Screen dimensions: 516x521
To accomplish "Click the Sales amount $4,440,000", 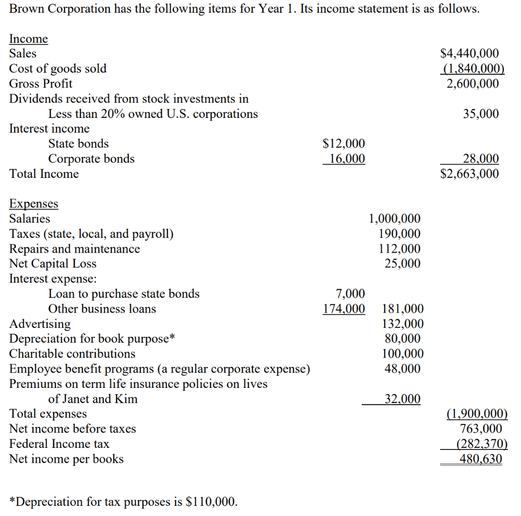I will (x=469, y=54).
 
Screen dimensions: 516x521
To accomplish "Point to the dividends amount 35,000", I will (x=481, y=114).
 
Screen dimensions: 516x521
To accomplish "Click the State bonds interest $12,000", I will (x=344, y=144).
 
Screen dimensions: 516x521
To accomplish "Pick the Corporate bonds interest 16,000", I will (x=346, y=159).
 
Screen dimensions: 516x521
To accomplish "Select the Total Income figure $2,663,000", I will (x=469, y=174).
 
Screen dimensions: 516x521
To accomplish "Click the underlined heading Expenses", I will (x=34, y=204).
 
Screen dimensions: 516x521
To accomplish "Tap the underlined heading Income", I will (x=28, y=39).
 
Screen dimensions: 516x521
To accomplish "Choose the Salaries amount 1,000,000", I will (x=394, y=219).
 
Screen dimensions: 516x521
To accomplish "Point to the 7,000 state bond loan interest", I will (x=351, y=294).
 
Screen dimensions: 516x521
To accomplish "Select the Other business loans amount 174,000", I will (x=344, y=309).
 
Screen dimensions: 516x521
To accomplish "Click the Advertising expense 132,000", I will (x=402, y=324).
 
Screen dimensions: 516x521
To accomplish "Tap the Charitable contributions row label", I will (x=72, y=354).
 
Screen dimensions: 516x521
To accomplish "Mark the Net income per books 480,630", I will (x=480, y=459).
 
